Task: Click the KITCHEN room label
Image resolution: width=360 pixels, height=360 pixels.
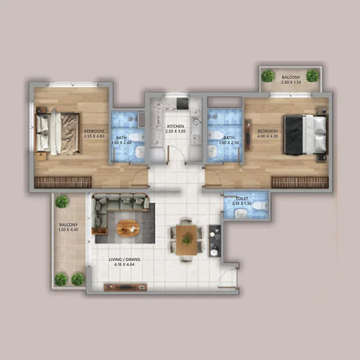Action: (x=176, y=126)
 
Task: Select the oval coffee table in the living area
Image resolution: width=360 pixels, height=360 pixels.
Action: (x=127, y=228)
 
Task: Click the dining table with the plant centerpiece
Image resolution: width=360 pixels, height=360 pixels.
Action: (x=187, y=238)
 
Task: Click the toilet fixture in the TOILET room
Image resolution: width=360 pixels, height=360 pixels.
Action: (x=259, y=206)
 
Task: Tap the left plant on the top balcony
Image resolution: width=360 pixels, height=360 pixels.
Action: (x=268, y=76)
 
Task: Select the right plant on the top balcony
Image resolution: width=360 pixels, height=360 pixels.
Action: (x=313, y=76)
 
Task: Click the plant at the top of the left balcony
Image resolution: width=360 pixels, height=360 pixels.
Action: (x=62, y=202)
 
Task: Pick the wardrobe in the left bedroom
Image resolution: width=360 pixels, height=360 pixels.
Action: (x=62, y=182)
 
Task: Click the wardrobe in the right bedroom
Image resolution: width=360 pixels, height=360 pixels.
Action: (x=299, y=182)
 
